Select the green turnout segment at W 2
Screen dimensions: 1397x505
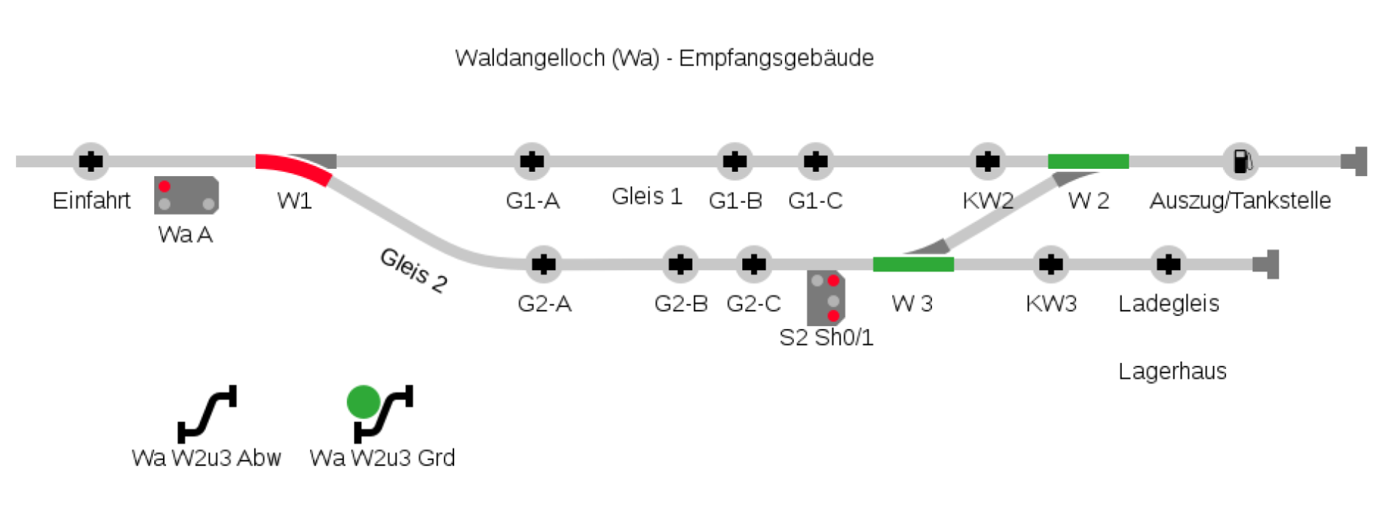pyautogui.click(x=1088, y=162)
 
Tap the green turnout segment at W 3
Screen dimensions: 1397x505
pyautogui.click(x=913, y=264)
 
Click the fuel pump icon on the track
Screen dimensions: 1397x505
pyautogui.click(x=1241, y=161)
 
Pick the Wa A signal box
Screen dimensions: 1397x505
pyautogui.click(x=186, y=195)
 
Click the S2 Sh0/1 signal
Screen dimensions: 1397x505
pyautogui.click(x=826, y=298)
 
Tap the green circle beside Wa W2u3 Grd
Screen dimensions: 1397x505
pyautogui.click(x=364, y=402)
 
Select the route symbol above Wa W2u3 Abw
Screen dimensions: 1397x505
pyautogui.click(x=207, y=413)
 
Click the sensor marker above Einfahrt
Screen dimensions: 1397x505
pyautogui.click(x=91, y=161)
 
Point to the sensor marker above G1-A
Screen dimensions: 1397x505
pyautogui.click(x=532, y=161)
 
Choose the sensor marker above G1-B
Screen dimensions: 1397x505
pyautogui.click(x=735, y=161)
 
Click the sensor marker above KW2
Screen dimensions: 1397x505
pyautogui.click(x=987, y=161)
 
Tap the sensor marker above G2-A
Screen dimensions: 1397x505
pyautogui.click(x=544, y=264)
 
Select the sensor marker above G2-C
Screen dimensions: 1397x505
pyautogui.click(x=754, y=264)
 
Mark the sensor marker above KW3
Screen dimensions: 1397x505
pyautogui.click(x=1051, y=264)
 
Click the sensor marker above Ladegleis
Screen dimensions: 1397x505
pyautogui.click(x=1169, y=264)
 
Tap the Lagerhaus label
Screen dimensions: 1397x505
pyautogui.click(x=1172, y=371)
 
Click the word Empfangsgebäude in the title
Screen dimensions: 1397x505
pyautogui.click(x=776, y=58)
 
